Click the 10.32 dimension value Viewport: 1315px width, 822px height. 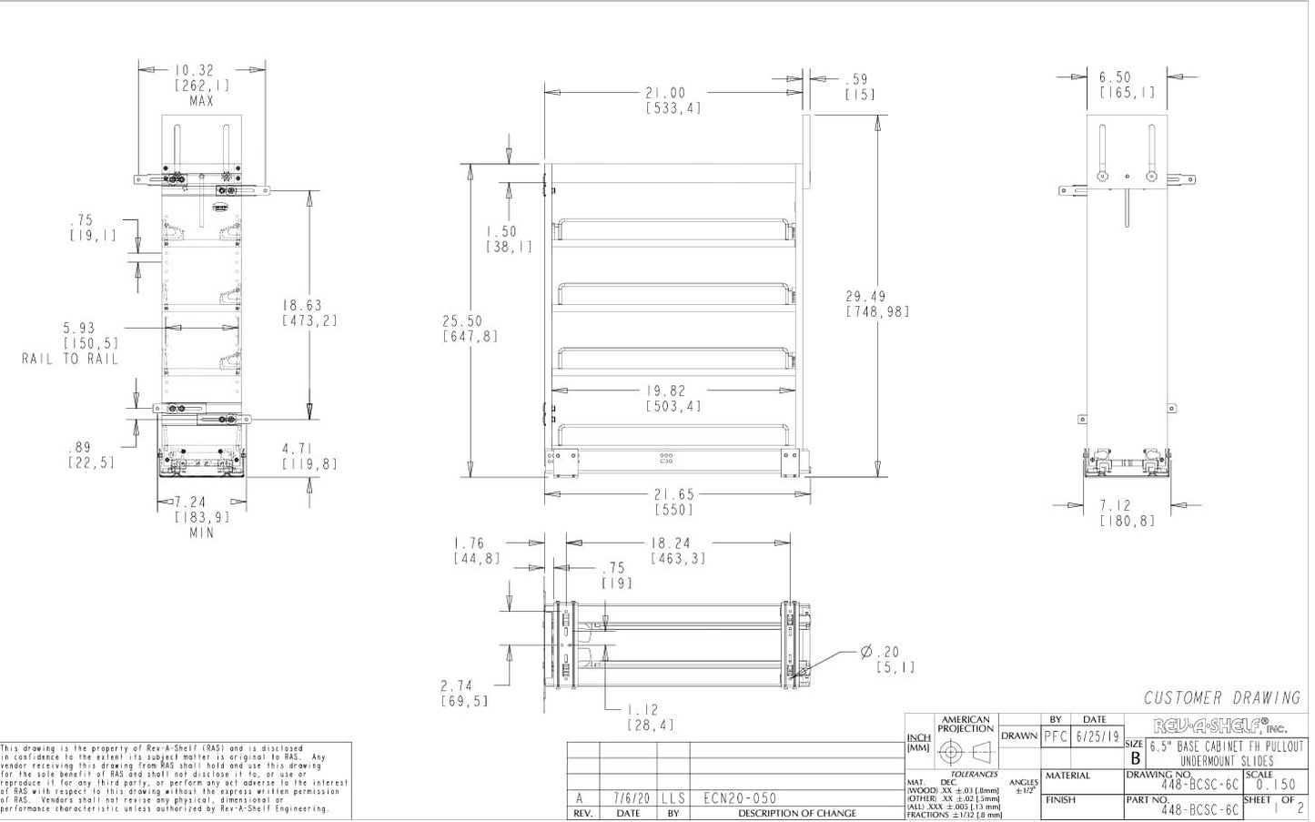pos(194,70)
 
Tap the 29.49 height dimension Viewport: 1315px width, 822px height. pos(865,297)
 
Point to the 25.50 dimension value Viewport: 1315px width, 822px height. pos(462,321)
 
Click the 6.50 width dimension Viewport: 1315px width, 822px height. pos(1114,78)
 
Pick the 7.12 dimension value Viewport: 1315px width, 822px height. pos(1115,505)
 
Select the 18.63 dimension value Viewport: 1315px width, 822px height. pos(301,307)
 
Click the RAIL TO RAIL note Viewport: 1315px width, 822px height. pos(70,360)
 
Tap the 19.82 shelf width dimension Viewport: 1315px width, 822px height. pos(673,391)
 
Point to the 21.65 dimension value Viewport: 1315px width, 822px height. pos(674,495)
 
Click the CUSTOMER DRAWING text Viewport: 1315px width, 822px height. pos(1221,698)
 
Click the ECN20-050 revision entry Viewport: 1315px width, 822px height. pos(740,798)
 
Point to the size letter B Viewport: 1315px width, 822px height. pos(1135,757)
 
